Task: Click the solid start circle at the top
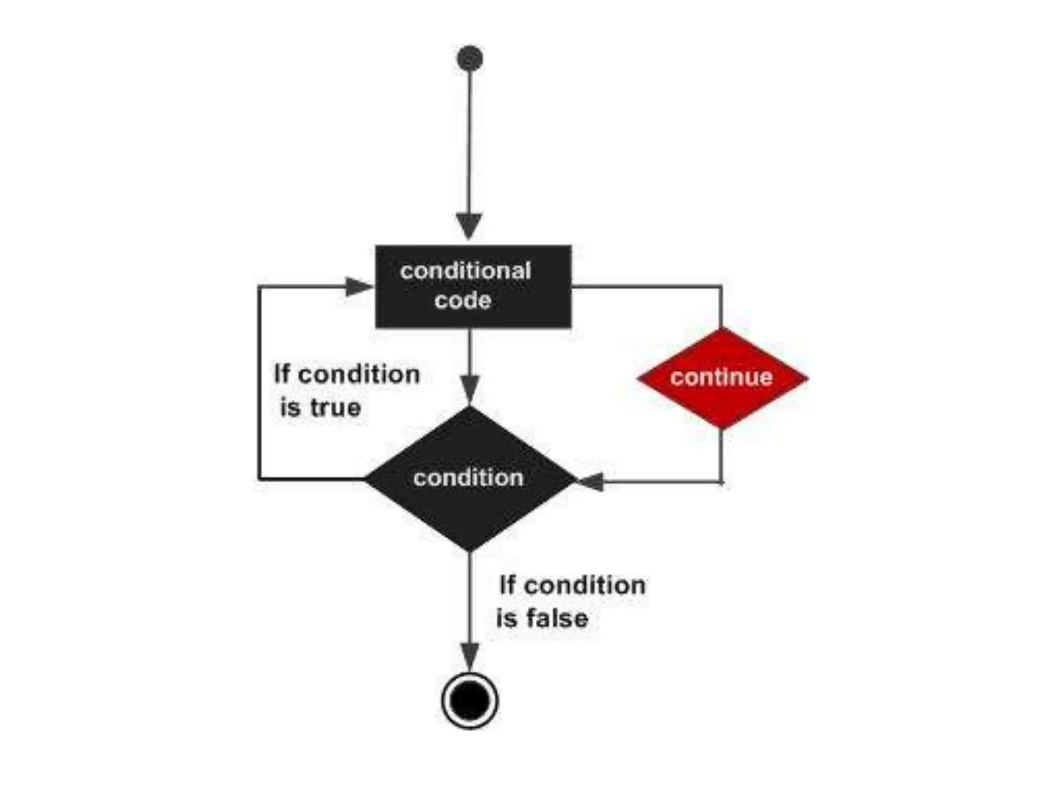(x=470, y=58)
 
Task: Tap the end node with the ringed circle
(x=470, y=701)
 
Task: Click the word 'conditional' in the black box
(x=466, y=271)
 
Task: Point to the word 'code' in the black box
(x=463, y=301)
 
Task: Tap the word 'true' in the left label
(x=335, y=408)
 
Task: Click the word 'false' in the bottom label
(x=557, y=618)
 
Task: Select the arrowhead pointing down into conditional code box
(x=469, y=225)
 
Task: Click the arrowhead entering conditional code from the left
(x=358, y=286)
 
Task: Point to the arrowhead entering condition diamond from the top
(x=470, y=388)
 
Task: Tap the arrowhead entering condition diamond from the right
(x=590, y=482)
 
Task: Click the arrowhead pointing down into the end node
(x=470, y=656)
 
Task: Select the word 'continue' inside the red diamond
(x=721, y=377)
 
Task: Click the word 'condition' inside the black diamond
(x=468, y=478)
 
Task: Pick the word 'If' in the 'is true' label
(x=282, y=374)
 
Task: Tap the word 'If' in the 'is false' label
(x=507, y=585)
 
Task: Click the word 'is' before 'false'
(x=506, y=618)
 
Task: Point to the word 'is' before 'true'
(x=290, y=408)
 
